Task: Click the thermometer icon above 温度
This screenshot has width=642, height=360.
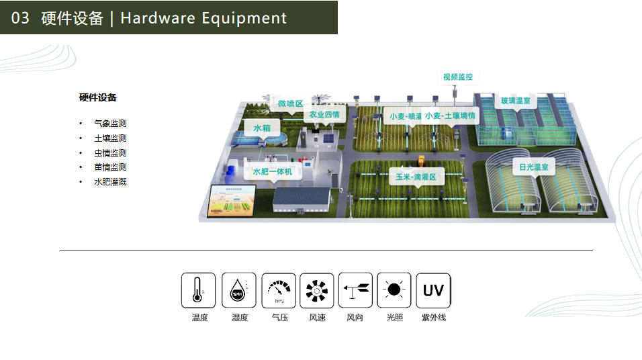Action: tap(198, 290)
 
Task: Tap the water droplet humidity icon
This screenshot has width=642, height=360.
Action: tap(238, 290)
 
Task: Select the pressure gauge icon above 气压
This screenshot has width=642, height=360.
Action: tap(278, 290)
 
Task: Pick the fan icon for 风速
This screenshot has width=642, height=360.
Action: tap(316, 290)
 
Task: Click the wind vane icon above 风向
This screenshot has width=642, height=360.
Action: tap(355, 290)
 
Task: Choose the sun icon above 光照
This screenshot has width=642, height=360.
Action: tap(394, 290)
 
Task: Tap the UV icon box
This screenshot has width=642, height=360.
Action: tap(433, 290)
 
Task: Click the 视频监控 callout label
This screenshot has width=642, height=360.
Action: tap(457, 77)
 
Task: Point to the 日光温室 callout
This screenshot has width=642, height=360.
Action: tap(534, 167)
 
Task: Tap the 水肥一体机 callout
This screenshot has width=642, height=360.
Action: tap(272, 172)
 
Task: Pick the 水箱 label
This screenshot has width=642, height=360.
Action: tap(261, 128)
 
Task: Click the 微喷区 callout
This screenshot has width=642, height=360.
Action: tap(290, 103)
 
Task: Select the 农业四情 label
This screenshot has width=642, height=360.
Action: tap(324, 115)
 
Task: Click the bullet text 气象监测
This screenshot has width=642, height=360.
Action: tap(110, 124)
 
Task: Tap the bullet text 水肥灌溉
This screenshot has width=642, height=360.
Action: tap(110, 181)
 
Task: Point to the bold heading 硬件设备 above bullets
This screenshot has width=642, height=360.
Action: tap(97, 97)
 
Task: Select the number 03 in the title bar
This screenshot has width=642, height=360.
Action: tap(21, 18)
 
